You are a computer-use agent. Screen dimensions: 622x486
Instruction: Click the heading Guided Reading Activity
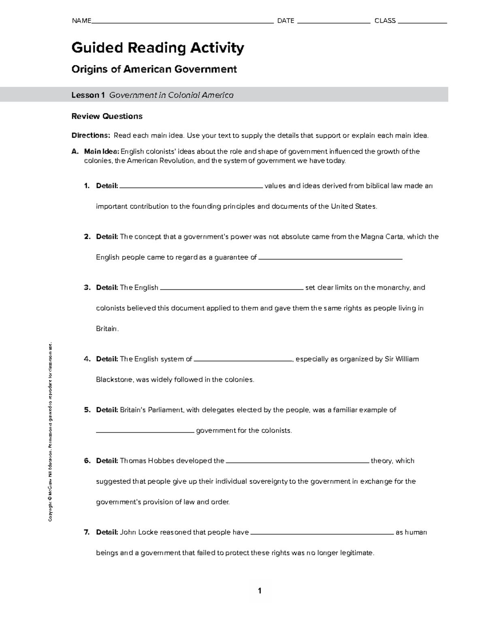point(158,48)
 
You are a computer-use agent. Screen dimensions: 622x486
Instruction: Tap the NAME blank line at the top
point(182,23)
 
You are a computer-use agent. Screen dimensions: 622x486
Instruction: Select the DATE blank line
point(334,23)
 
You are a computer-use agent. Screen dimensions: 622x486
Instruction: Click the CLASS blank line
point(422,23)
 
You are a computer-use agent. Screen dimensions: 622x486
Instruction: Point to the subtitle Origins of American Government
point(154,70)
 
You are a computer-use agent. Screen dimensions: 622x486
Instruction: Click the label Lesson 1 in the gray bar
point(88,95)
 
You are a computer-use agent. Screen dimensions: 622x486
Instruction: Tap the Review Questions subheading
point(107,117)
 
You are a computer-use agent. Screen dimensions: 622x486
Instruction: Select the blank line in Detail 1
point(191,187)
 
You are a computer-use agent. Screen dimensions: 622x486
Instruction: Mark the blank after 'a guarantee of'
point(330,258)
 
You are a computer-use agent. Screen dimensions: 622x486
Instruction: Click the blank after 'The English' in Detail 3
point(232,289)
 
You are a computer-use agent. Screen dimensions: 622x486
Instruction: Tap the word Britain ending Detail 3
point(107,329)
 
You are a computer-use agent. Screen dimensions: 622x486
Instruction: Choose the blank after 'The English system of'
point(243,360)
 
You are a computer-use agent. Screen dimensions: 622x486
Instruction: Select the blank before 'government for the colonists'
point(145,432)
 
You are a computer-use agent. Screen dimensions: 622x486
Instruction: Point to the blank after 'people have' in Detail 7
point(322,533)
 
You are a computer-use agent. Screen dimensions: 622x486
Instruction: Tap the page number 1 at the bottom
point(260,591)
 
